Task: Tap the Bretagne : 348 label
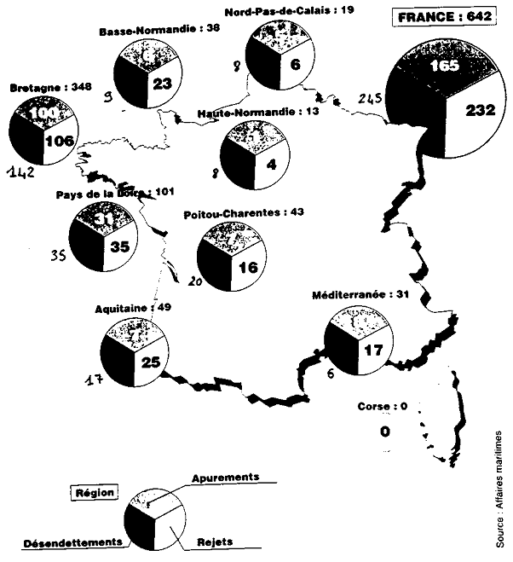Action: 40,87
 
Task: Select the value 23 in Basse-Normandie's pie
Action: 162,84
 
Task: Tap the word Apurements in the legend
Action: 226,478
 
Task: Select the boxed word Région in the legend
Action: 95,493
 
